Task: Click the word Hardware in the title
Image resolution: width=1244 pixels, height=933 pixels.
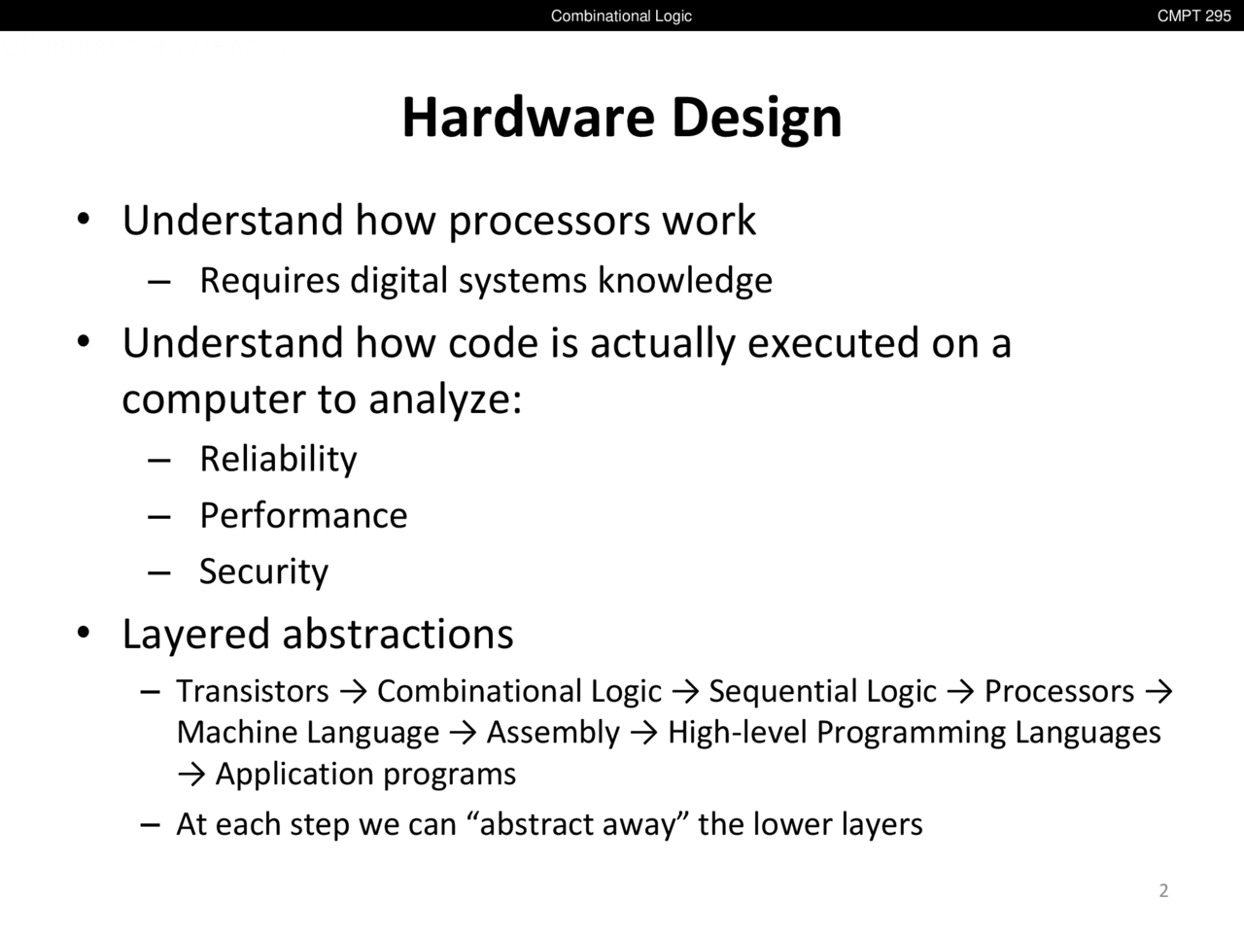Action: [529, 118]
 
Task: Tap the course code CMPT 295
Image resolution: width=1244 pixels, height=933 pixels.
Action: [1194, 16]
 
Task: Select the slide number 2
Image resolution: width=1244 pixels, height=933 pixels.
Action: [1163, 890]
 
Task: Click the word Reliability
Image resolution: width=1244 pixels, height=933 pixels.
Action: [278, 460]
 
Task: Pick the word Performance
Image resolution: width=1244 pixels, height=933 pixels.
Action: [303, 515]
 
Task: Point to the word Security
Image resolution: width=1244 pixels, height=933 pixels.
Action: [263, 571]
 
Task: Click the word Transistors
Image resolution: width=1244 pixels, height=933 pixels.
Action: [253, 691]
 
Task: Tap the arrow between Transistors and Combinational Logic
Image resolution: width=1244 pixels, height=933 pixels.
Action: [353, 692]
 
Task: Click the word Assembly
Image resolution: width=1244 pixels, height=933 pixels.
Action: [554, 733]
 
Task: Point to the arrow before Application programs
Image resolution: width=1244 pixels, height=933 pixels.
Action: [191, 775]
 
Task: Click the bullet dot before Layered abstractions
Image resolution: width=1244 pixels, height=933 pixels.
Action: [84, 632]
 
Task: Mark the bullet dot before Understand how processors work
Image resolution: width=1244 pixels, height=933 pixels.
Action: [84, 219]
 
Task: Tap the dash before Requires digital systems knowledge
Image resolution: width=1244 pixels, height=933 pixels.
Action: [158, 282]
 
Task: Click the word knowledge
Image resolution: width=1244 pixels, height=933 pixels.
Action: [685, 281]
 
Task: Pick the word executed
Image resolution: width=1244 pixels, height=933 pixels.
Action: [833, 343]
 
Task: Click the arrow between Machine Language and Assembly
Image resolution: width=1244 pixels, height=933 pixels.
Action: [463, 734]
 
